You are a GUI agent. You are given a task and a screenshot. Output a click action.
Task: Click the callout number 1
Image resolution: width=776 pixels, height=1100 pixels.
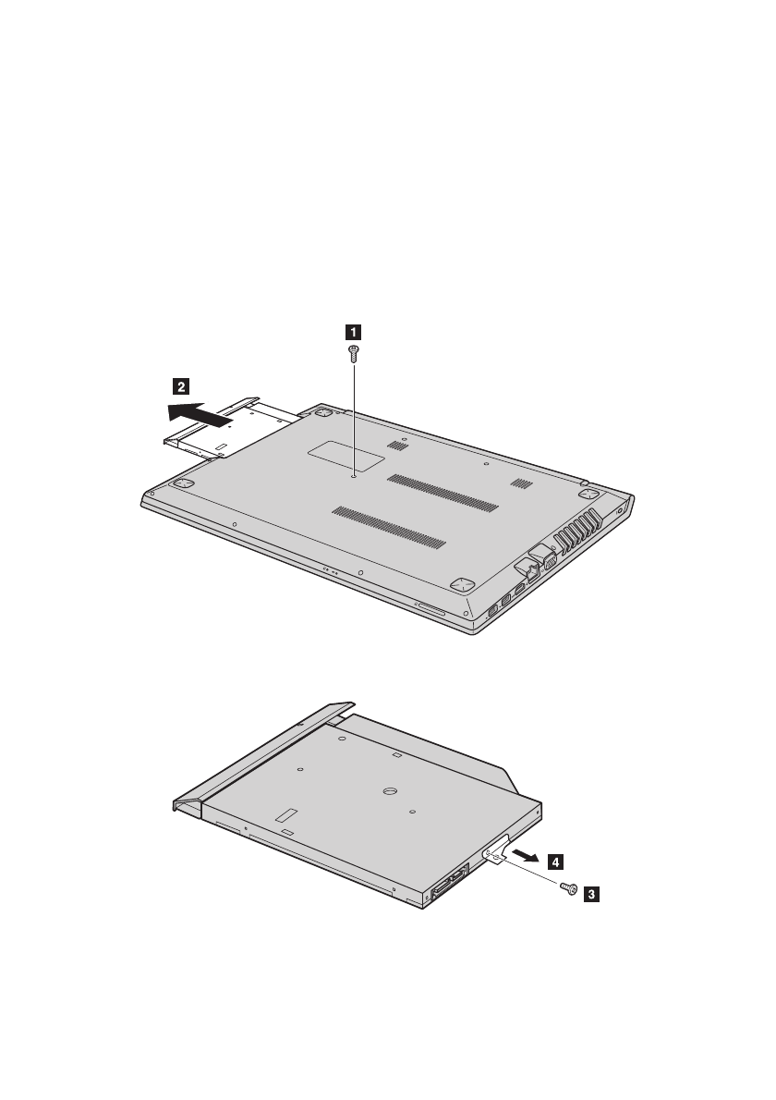[x=354, y=332]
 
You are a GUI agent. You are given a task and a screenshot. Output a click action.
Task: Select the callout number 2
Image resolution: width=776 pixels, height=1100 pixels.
[x=181, y=385]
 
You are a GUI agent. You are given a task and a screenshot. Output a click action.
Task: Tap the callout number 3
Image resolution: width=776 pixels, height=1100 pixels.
[x=591, y=895]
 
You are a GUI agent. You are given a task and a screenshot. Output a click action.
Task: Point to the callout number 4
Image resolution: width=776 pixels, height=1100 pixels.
[x=555, y=862]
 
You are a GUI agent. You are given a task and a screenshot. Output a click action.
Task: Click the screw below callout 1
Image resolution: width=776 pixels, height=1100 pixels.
[x=354, y=353]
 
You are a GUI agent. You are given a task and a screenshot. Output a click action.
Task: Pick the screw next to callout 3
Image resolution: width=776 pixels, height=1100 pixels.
[x=569, y=889]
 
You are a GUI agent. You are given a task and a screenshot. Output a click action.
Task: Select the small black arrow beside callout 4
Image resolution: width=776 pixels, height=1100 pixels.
[x=526, y=855]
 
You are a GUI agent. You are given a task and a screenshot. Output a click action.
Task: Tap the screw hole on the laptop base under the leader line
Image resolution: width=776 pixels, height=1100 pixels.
[x=354, y=475]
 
